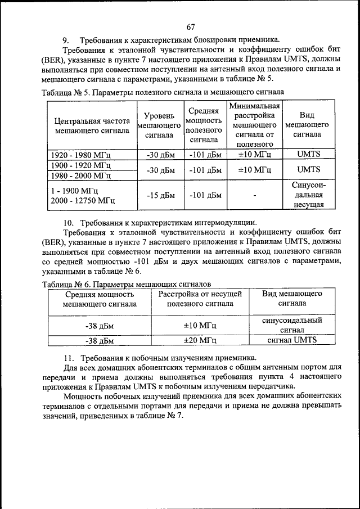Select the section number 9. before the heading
pyautogui.click(x=66, y=40)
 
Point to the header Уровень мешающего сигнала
pyautogui.click(x=159, y=125)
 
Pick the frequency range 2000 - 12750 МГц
pyautogui.click(x=83, y=200)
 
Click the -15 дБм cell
pyautogui.click(x=161, y=195)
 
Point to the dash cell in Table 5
pyautogui.click(x=254, y=196)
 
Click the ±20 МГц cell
pyautogui.click(x=200, y=340)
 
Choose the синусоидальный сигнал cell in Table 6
pyautogui.click(x=292, y=325)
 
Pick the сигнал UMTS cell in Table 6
pyautogui.click(x=292, y=340)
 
